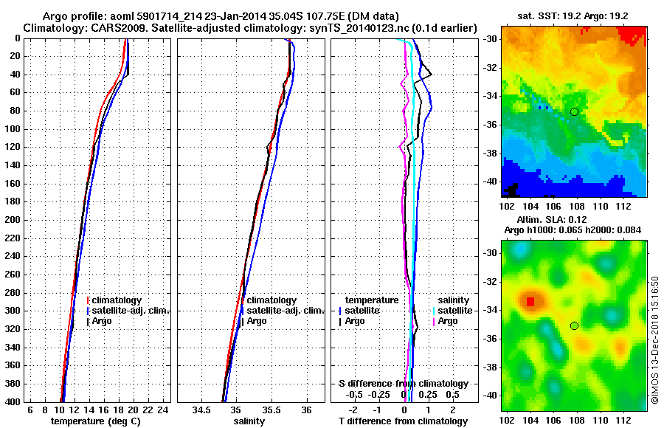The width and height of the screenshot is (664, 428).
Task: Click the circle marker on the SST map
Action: coord(574,111)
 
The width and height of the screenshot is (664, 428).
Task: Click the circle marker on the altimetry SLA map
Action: coord(574,325)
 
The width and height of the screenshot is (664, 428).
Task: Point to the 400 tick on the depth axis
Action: coord(15,402)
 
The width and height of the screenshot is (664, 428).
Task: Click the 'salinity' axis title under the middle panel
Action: coord(247,421)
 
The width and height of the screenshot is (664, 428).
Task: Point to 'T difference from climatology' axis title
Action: coord(402,421)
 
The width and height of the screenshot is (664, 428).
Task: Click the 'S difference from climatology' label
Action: coord(403,384)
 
